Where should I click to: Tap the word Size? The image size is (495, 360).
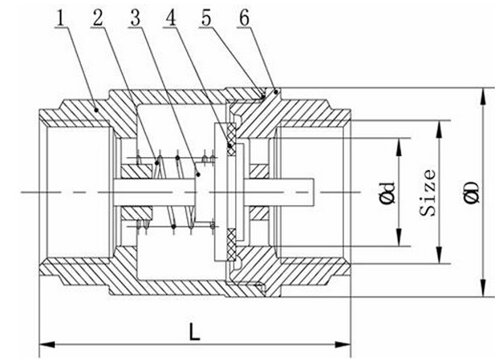point(429,192)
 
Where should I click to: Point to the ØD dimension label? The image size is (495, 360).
point(472,192)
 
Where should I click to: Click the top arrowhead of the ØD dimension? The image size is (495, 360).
point(482,92)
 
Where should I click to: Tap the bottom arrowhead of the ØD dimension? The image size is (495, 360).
point(482,293)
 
